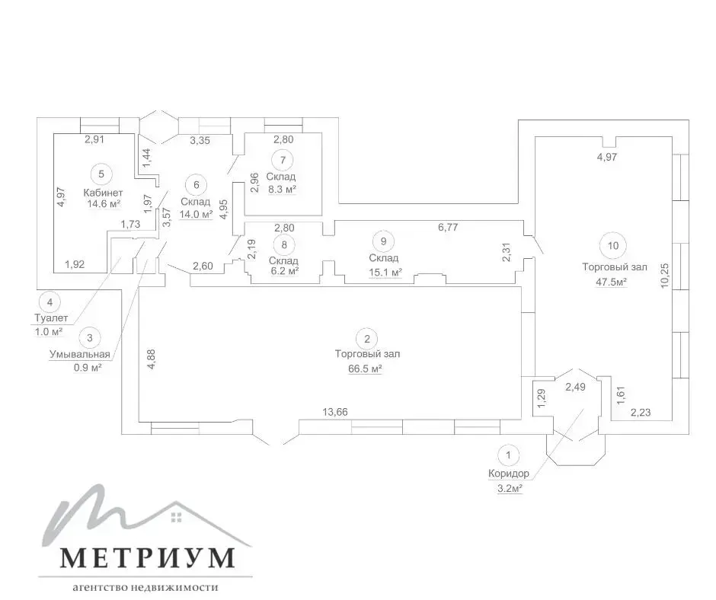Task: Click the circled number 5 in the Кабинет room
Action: (x=101, y=174)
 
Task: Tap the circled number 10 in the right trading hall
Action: (x=613, y=246)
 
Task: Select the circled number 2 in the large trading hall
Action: (x=367, y=339)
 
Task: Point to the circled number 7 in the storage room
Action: (x=283, y=160)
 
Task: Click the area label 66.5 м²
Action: (x=365, y=369)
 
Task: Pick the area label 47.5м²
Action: (x=611, y=282)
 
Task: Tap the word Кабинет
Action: (x=103, y=193)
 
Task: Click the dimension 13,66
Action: (x=335, y=412)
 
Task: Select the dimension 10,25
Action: (x=664, y=275)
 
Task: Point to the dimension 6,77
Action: (x=448, y=227)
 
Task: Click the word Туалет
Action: (x=51, y=318)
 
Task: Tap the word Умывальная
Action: (x=80, y=354)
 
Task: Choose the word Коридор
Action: (x=509, y=474)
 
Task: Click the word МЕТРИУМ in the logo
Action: (x=148, y=557)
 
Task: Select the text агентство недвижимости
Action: (x=145, y=587)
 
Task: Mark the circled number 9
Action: (x=384, y=241)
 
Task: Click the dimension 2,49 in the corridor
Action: (x=575, y=388)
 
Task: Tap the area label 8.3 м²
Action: (x=282, y=189)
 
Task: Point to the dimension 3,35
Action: (x=200, y=140)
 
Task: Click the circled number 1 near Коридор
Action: (x=508, y=455)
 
